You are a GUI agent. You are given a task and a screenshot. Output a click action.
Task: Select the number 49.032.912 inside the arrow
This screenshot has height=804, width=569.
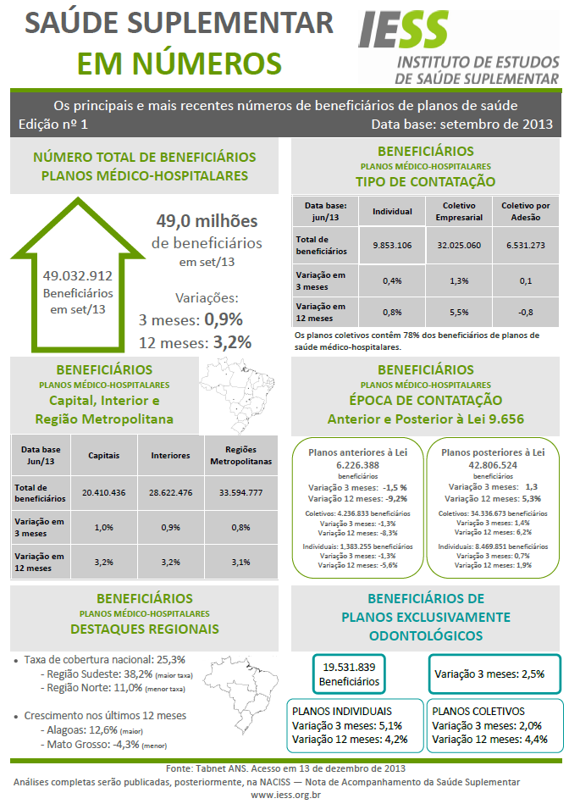tap(77, 275)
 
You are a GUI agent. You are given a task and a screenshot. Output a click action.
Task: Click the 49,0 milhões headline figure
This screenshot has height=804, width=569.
tap(207, 221)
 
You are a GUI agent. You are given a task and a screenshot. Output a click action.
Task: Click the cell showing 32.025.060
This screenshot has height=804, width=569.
tap(459, 245)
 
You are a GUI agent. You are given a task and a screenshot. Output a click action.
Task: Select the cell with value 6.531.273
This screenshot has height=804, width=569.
tap(525, 245)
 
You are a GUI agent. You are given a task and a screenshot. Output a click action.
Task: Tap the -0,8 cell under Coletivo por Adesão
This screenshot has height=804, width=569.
tap(525, 312)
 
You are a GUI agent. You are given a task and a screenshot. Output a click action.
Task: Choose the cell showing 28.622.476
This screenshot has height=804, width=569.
tap(171, 492)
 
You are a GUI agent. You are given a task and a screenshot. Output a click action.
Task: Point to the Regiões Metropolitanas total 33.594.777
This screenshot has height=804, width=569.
tap(241, 492)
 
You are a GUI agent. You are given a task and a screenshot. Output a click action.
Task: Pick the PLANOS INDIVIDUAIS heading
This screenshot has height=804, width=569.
tap(342, 712)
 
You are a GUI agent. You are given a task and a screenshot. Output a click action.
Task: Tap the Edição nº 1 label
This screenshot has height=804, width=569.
tap(52, 124)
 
